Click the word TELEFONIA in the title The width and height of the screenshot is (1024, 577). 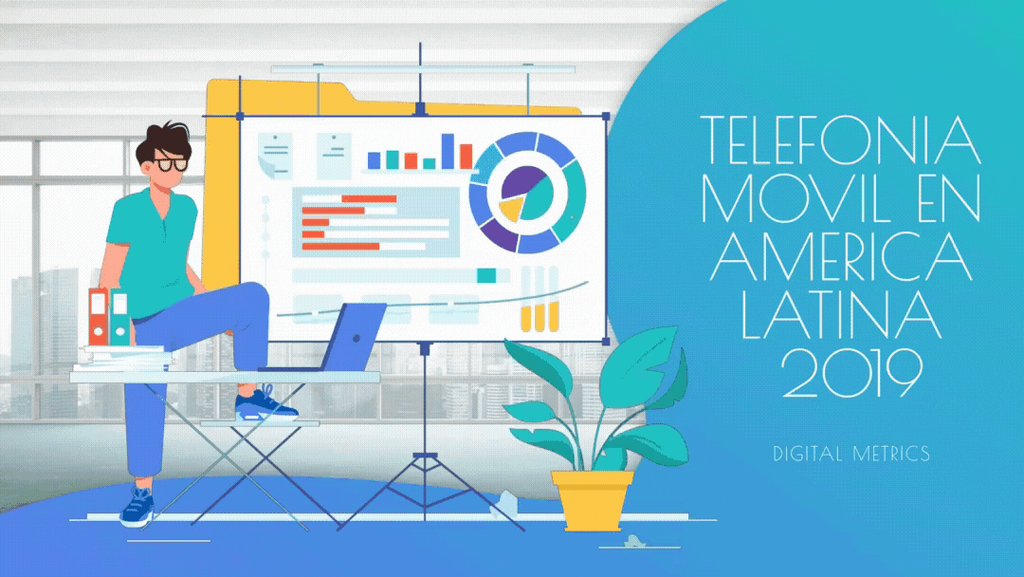pyautogui.click(x=840, y=140)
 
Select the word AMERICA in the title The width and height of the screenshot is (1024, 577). pyautogui.click(x=841, y=257)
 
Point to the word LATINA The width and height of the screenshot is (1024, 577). pyautogui.click(x=841, y=316)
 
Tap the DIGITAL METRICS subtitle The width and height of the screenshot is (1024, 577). pyautogui.click(x=851, y=454)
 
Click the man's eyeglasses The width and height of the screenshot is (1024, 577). pyautogui.click(x=171, y=164)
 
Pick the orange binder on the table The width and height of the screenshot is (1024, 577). pyautogui.click(x=98, y=317)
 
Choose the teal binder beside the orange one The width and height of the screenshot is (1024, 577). pyautogui.click(x=119, y=317)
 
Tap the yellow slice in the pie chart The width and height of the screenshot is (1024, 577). pyautogui.click(x=511, y=209)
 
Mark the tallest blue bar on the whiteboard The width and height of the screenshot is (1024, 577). pyautogui.click(x=448, y=151)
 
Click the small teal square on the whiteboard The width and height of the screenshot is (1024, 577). pyautogui.click(x=486, y=276)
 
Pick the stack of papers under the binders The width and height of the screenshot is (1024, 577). pyautogui.click(x=122, y=359)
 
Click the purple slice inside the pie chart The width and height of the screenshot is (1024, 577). pyautogui.click(x=521, y=181)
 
